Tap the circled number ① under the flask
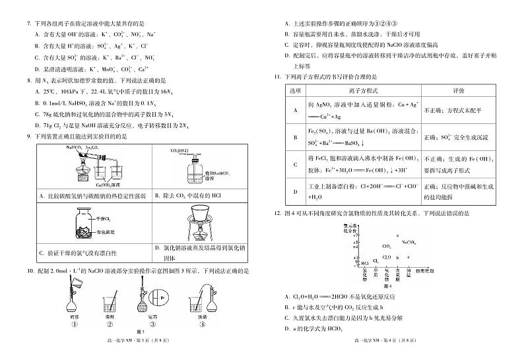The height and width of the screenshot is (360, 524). pyautogui.click(x=75, y=324)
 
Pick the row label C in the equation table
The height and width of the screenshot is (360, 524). pyautogui.click(x=294, y=164)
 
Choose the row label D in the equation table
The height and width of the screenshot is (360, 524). pyautogui.click(x=294, y=192)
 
